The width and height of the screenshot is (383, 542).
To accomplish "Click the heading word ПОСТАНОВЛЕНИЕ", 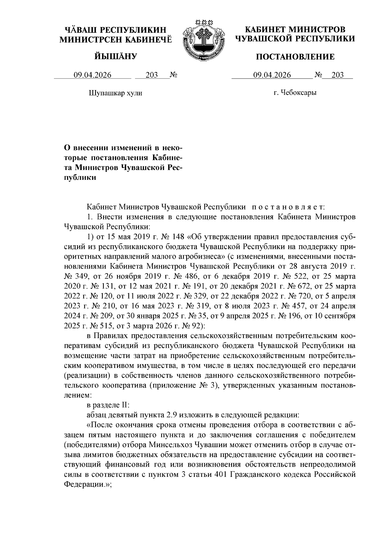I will click(x=295, y=57).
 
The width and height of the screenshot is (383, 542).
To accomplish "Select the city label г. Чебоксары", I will click(x=295, y=93).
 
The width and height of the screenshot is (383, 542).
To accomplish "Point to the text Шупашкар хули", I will click(x=115, y=93).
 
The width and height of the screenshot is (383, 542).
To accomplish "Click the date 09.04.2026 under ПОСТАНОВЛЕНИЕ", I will click(x=272, y=75).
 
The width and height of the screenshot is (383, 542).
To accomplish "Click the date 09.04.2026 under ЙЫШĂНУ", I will click(x=93, y=75).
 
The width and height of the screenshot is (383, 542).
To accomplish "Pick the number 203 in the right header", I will click(x=338, y=75).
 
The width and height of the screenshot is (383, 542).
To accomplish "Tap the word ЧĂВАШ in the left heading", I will click(x=79, y=30).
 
